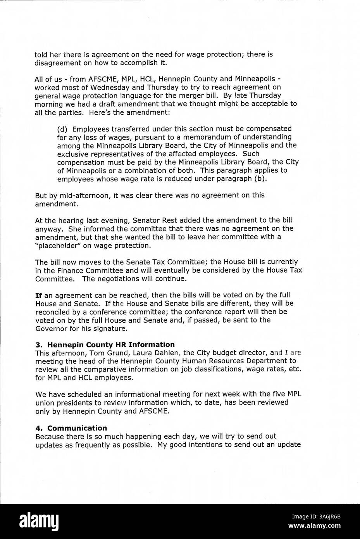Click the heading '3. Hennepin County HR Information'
coord(105,344)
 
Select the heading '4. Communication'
coord(71,428)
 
